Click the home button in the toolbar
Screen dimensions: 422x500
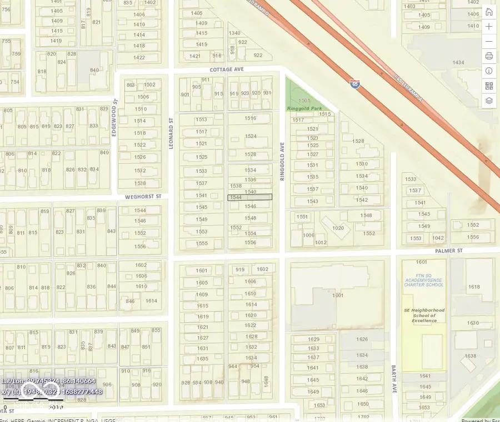tap(489, 12)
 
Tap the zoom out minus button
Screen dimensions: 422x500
tap(489, 42)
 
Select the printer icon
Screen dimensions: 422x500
tap(489, 56)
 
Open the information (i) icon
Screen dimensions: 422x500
tap(489, 71)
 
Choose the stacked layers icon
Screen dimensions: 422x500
tap(489, 101)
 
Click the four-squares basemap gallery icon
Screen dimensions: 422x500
tap(489, 86)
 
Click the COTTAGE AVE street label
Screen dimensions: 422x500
tap(227, 69)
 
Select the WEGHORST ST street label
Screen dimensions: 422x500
tap(143, 196)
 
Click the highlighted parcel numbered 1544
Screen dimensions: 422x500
tap(250, 197)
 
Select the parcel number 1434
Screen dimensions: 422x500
tap(458, 63)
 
